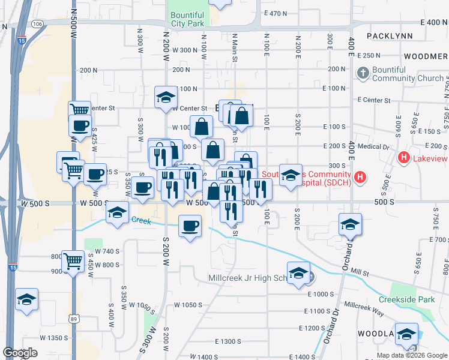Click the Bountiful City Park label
click(187, 20)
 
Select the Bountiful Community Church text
click(408, 74)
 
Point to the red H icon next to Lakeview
click(404, 158)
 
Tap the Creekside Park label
click(406, 299)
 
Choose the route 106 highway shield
click(38, 23)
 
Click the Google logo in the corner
click(20, 352)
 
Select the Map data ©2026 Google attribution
click(412, 355)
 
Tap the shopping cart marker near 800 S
click(73, 261)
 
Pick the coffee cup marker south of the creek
click(190, 226)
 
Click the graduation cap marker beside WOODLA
click(407, 334)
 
